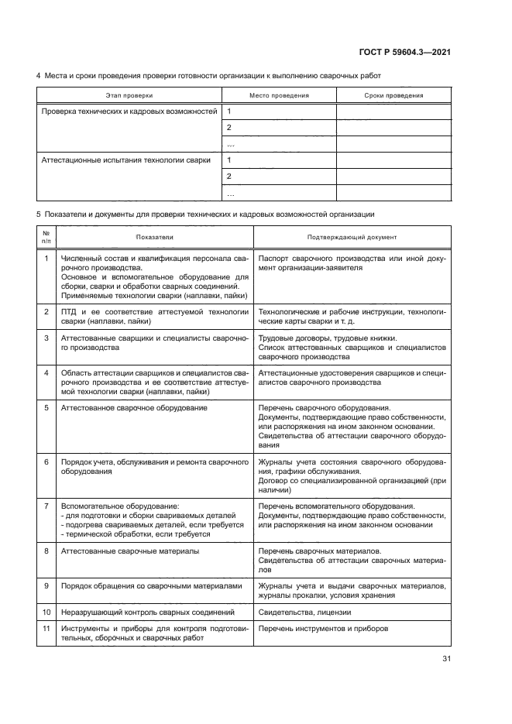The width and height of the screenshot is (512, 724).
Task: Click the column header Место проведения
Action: [279, 95]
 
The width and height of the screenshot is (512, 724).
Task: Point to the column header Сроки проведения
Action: [393, 95]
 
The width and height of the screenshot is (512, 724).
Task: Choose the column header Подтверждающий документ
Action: [352, 238]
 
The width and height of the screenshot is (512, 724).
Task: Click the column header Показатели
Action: [155, 238]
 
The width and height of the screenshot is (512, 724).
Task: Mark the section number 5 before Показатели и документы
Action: [39, 213]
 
